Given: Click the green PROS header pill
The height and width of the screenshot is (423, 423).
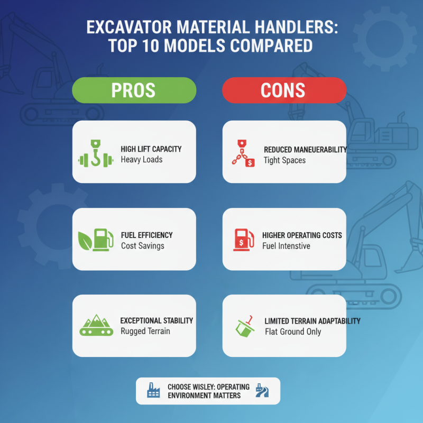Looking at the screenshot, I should [133, 90].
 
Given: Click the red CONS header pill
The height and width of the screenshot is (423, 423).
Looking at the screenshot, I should [283, 90].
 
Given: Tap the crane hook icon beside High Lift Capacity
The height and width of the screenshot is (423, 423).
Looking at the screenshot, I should [96, 153].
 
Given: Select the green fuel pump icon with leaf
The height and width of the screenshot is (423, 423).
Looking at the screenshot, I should [96, 239].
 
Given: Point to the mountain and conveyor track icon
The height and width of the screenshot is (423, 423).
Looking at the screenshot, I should [96, 325].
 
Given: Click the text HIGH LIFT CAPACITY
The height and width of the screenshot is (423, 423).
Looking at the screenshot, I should [151, 149].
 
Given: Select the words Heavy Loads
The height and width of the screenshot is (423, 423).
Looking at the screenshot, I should [141, 160].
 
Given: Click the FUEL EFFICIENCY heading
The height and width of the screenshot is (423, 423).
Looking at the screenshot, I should [146, 235].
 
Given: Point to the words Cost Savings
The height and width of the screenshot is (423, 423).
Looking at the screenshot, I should [142, 246].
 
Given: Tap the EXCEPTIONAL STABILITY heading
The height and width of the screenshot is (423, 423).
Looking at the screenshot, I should [157, 320].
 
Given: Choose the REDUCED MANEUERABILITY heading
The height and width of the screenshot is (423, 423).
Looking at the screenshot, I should [304, 150].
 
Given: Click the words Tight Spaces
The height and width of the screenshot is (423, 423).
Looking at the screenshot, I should [285, 160].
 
